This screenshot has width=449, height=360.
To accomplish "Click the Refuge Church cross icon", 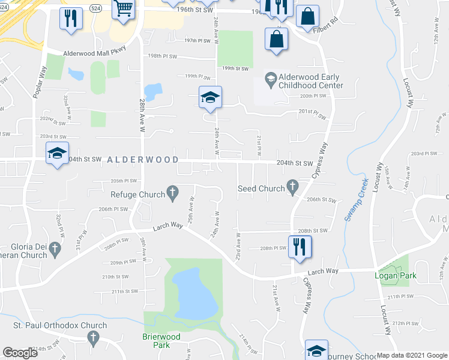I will point(172,193).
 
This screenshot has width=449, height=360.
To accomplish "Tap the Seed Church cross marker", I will point(292,188).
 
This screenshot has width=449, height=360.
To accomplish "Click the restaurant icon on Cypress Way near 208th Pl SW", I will point(299,246).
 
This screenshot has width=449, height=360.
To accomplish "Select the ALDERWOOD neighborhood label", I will point(143,160).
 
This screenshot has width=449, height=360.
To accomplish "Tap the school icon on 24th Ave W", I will point(211,97).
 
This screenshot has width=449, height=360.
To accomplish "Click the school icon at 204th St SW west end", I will point(57,154).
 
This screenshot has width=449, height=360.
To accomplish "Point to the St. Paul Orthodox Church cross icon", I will point(93,338).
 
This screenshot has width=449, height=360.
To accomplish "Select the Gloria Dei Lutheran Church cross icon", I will point(55,248).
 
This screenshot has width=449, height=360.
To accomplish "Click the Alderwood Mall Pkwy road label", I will point(95,53).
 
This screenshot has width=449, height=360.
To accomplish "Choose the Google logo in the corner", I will point(20,353).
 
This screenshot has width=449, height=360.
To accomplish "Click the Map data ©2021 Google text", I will point(411,355).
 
